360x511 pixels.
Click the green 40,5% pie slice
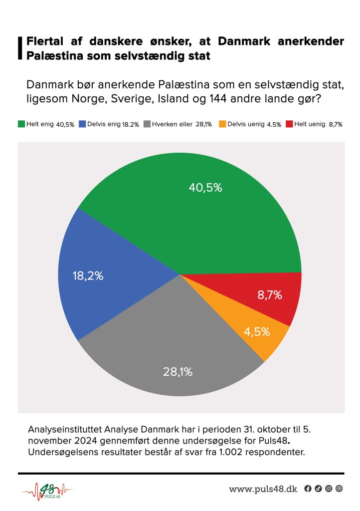199,210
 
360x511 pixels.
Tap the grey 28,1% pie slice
175,349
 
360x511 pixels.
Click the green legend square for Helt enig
21,124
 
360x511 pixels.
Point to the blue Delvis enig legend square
82,124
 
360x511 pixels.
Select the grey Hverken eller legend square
147,124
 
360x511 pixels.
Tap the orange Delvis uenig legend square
223,124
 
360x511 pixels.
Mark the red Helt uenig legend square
289,124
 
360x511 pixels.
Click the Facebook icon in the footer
308,489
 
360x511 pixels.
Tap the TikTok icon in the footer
318,489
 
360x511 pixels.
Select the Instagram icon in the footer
329,489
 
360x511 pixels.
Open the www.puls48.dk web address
263,489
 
